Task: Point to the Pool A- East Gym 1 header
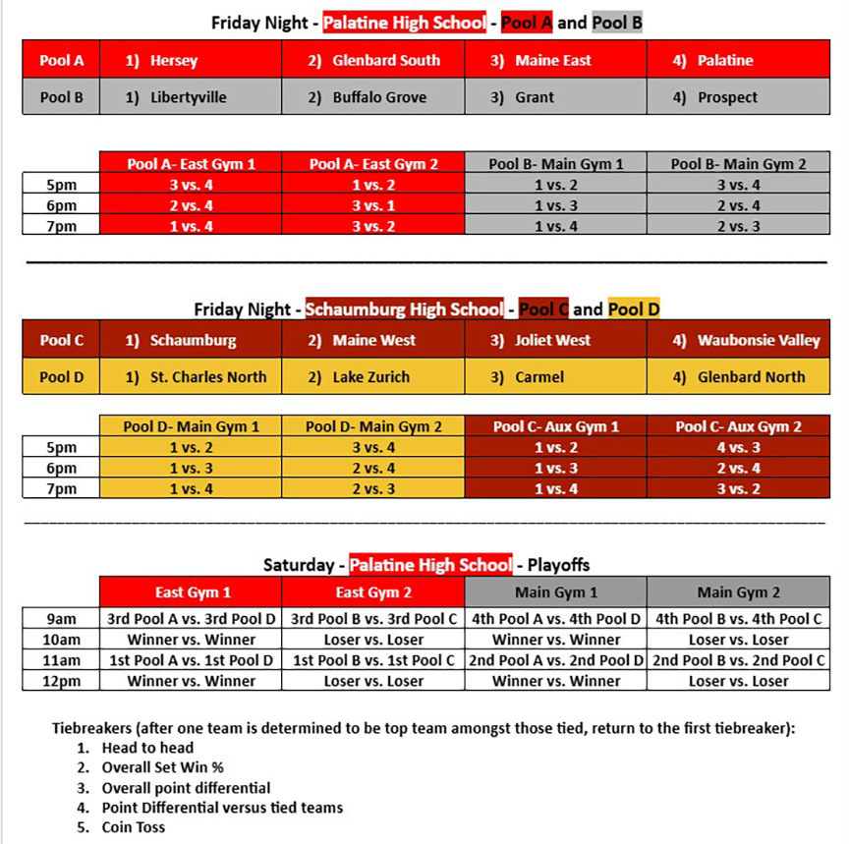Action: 191,164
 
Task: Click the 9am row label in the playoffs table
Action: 60,619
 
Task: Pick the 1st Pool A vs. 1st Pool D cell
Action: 191,660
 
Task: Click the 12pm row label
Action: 60,681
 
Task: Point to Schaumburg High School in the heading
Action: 404,309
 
